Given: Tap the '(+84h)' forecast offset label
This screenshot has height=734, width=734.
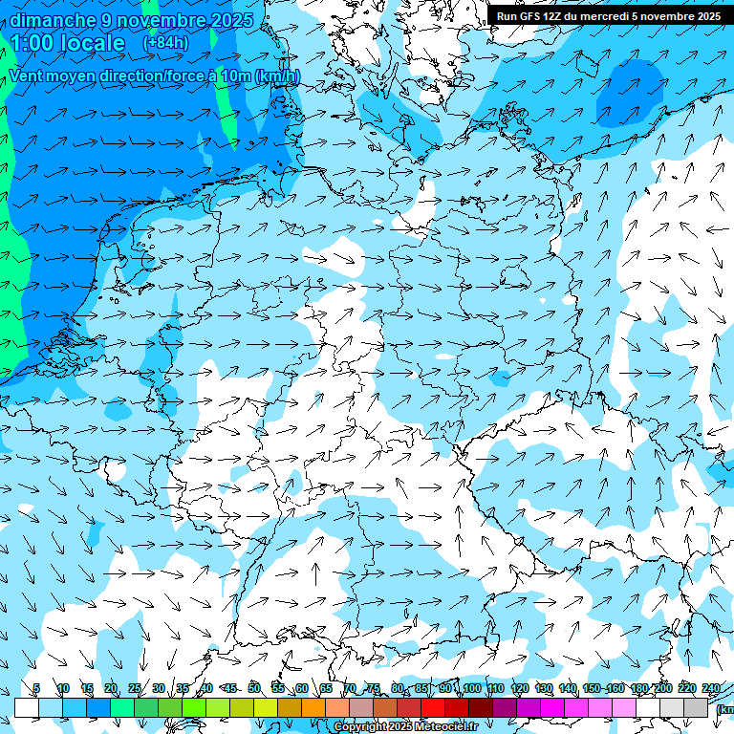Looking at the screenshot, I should pyautogui.click(x=165, y=43).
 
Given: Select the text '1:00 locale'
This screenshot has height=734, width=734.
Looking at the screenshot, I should pyautogui.click(x=68, y=43).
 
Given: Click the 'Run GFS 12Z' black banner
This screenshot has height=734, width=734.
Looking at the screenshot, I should pyautogui.click(x=608, y=16).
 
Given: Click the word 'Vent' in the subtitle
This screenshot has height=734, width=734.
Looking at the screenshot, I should pyautogui.click(x=29, y=76).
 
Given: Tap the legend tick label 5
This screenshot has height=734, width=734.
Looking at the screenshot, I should pyautogui.click(x=36, y=689).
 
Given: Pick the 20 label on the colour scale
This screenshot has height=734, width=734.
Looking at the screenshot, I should pyautogui.click(x=110, y=689).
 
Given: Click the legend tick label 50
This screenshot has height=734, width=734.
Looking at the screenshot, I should pyautogui.click(x=254, y=689).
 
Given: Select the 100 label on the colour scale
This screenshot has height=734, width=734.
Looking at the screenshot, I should pyautogui.click(x=471, y=689).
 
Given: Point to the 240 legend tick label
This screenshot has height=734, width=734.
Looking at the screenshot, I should pyautogui.click(x=711, y=689).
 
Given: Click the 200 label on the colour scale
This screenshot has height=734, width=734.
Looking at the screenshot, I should pyautogui.click(x=663, y=689).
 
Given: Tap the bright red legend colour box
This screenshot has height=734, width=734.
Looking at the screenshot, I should pyautogui.click(x=433, y=707).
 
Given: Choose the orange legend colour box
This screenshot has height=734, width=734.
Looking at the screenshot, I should pyautogui.click(x=313, y=707).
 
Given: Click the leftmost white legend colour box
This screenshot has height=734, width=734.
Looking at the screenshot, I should pyautogui.click(x=27, y=707).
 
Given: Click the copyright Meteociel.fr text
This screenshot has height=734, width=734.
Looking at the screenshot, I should pyautogui.click(x=405, y=727).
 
